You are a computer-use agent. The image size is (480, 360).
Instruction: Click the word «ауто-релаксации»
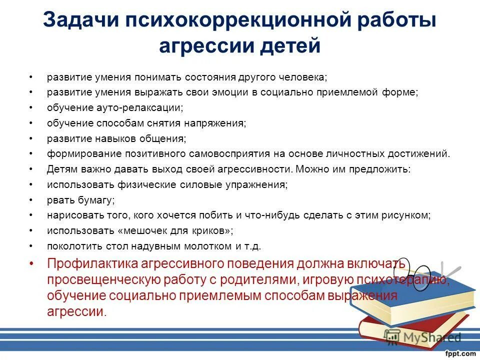tap(138, 107)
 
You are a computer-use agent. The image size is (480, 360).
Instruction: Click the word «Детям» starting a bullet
tap(62, 168)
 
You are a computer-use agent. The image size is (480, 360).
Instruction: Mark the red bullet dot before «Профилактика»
tap(31, 263)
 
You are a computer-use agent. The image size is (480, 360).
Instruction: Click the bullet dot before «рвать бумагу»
tap(31, 199)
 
